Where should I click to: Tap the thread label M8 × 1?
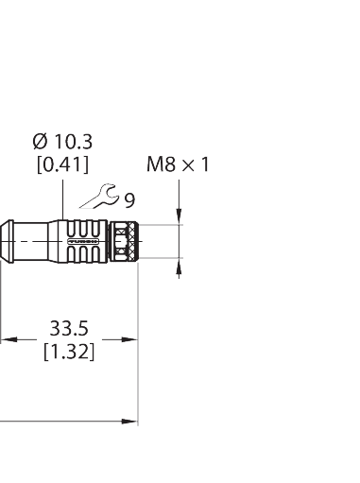(x=178, y=165)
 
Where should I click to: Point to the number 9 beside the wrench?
(x=129, y=200)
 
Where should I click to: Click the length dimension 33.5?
(x=69, y=329)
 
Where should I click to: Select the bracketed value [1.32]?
(x=69, y=351)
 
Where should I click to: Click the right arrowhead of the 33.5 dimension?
(x=133, y=338)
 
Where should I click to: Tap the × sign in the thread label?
(x=188, y=165)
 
